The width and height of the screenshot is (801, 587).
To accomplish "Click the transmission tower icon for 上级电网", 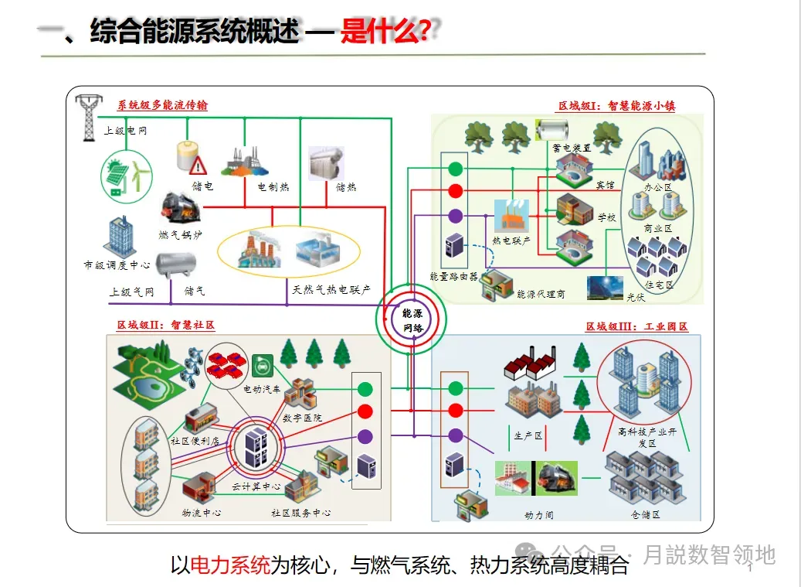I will pyautogui.click(x=89, y=117).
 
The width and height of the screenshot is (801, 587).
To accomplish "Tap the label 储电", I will pyautogui.click(x=203, y=186).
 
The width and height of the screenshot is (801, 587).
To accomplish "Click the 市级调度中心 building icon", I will pyautogui.click(x=118, y=237).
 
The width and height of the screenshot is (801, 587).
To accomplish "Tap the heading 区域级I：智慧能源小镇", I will pyautogui.click(x=616, y=106).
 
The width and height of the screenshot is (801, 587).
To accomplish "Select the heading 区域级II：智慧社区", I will pyautogui.click(x=165, y=325).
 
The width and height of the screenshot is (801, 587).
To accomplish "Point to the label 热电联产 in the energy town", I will pyautogui.click(x=511, y=241).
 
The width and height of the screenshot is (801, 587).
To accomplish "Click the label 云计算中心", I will pyautogui.click(x=256, y=487).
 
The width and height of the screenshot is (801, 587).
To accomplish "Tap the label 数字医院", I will pyautogui.click(x=302, y=418).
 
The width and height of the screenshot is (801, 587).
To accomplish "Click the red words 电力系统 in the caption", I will pyautogui.click(x=230, y=565).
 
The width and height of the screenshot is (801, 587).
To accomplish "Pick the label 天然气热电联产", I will pyautogui.click(x=331, y=290).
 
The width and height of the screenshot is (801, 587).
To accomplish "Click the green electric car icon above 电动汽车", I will pyautogui.click(x=262, y=363).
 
